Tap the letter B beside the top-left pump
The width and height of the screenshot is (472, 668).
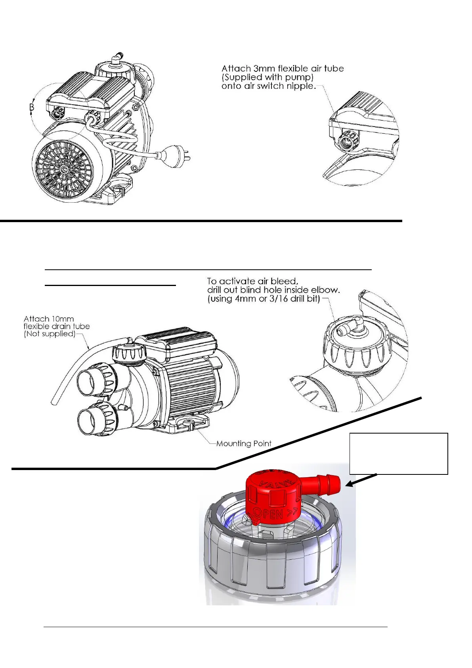click(32, 107)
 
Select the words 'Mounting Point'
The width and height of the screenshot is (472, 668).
click(244, 443)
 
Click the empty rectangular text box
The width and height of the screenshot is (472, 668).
click(399, 453)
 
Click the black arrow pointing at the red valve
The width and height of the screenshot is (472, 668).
click(361, 479)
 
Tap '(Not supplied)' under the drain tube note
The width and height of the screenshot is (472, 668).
click(50, 334)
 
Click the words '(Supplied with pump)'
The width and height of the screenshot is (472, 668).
click(268, 77)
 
